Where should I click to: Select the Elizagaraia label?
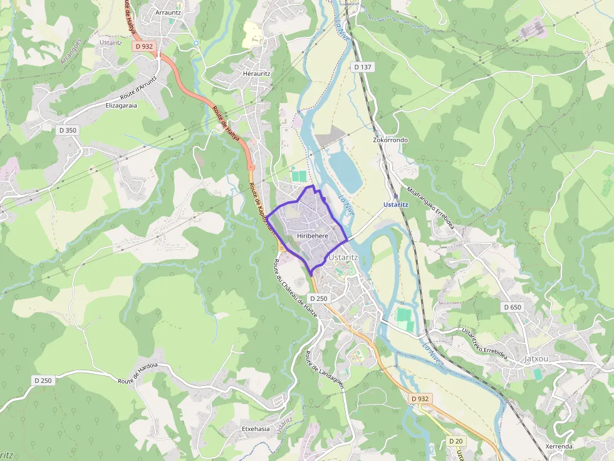121,106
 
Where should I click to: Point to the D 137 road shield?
363,67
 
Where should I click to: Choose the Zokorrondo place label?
390,140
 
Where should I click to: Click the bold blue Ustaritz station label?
397,205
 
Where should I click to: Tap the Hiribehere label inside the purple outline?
313,236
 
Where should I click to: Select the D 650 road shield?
512,307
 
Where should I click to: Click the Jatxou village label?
536,359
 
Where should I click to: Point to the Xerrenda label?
559,447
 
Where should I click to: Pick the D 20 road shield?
455,441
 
